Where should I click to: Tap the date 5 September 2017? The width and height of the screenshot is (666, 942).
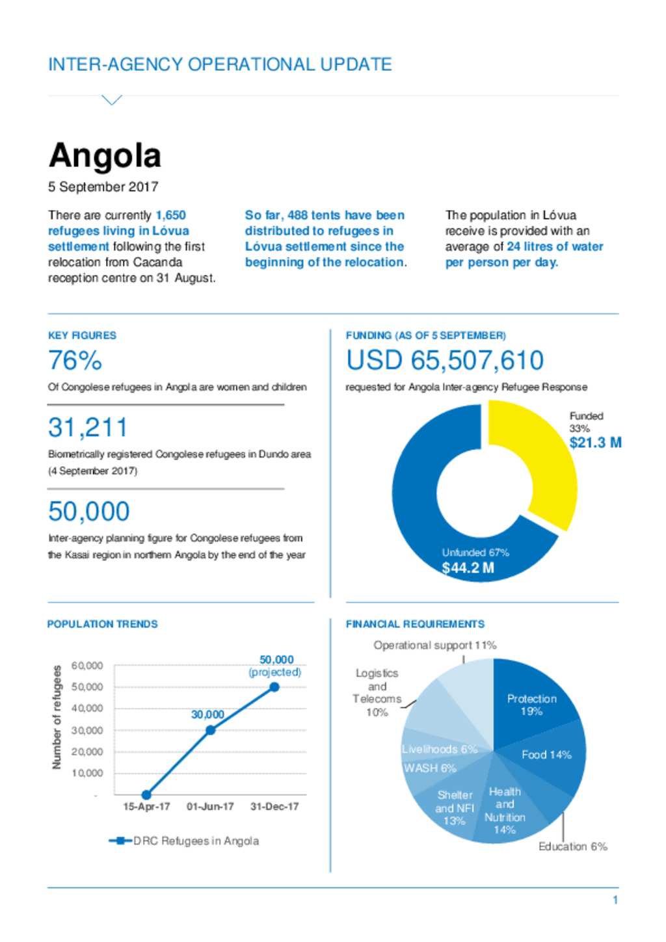(103, 187)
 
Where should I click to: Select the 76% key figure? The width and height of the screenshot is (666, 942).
(75, 360)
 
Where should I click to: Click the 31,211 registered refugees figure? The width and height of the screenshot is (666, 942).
(88, 427)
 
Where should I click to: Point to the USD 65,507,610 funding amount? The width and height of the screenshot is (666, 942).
(445, 360)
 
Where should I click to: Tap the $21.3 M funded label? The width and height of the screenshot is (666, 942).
(595, 443)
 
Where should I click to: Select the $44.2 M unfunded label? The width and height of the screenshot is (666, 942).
(468, 568)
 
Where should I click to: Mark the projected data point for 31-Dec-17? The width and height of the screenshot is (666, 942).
(274, 687)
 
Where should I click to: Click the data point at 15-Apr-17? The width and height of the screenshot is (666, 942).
(146, 795)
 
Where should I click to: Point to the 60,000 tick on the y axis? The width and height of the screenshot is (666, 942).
(87, 666)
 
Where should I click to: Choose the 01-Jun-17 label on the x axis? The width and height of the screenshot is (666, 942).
(210, 807)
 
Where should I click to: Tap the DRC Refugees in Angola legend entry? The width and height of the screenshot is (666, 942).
(184, 841)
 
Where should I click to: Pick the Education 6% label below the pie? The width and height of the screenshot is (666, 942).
(573, 846)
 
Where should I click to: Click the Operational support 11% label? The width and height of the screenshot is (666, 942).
(435, 645)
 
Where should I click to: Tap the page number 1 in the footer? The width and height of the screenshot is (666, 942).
(615, 900)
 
